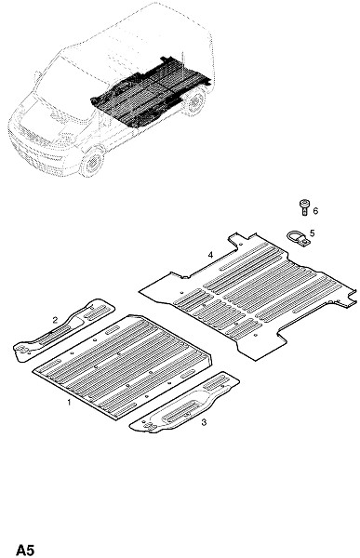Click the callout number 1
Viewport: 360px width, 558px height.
pyautogui.click(x=69, y=403)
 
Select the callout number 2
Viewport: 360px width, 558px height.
pyautogui.click(x=55, y=320)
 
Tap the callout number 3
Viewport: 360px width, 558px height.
pyautogui.click(x=204, y=422)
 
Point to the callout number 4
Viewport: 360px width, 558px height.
pyautogui.click(x=211, y=255)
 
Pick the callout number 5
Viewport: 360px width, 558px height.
pyautogui.click(x=313, y=233)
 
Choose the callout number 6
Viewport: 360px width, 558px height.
pyautogui.click(x=315, y=211)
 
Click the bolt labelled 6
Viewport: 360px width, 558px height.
pyautogui.click(x=304, y=207)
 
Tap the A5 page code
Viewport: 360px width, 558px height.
pyautogui.click(x=25, y=550)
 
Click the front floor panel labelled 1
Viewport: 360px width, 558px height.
pyautogui.click(x=123, y=365)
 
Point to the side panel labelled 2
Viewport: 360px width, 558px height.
pyautogui.click(x=64, y=329)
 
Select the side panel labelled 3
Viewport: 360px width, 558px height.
pyautogui.click(x=184, y=402)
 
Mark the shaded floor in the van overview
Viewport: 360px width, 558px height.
pyautogui.click(x=150, y=92)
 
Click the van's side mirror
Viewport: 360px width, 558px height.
pyautogui.click(x=37, y=76)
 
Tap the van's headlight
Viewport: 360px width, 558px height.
pyautogui.click(x=66, y=137)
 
